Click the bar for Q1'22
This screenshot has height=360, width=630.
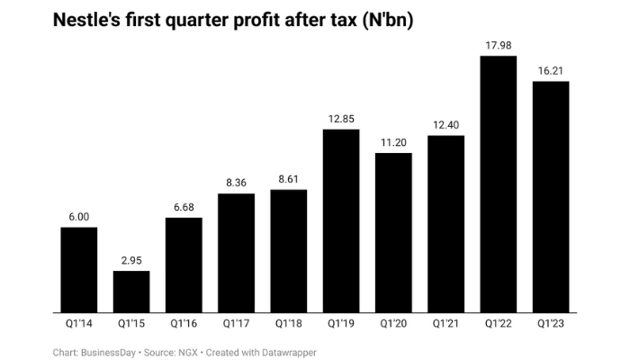[498, 184]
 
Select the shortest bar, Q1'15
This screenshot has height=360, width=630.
[131, 292]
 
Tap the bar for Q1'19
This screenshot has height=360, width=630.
[341, 221]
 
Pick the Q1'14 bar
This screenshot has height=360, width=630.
[78, 270]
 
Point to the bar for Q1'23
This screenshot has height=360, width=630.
[551, 197]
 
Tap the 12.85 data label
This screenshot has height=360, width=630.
[341, 120]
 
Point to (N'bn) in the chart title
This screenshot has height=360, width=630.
[379, 21]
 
